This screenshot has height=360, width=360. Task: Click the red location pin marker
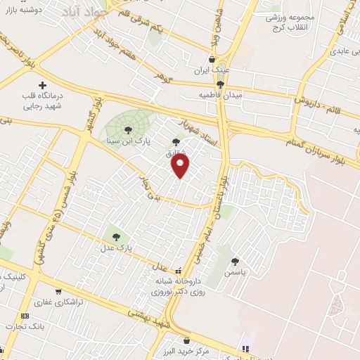[181, 166]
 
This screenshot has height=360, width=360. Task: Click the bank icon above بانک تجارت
[25, 316]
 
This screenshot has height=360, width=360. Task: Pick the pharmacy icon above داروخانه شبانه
[178, 270]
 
